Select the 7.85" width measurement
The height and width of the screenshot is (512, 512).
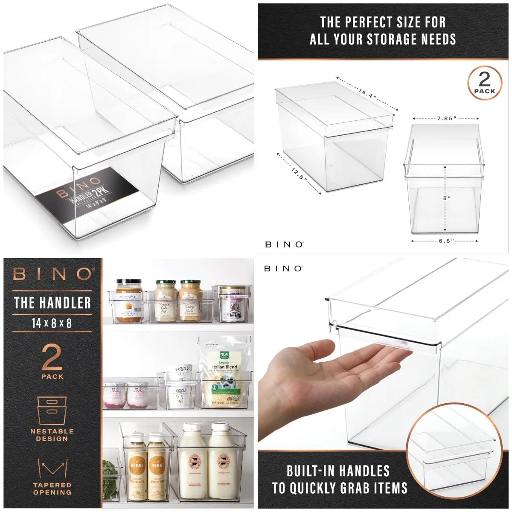[446, 119]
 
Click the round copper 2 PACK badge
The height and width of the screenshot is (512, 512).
[485, 83]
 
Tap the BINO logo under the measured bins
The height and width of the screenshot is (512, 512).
[284, 244]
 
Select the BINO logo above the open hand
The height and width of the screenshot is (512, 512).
[283, 268]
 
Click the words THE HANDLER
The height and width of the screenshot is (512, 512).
[52, 303]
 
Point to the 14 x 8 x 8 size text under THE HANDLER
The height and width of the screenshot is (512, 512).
[52, 323]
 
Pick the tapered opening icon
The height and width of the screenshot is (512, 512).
[52, 468]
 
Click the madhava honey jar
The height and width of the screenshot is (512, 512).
[129, 301]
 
